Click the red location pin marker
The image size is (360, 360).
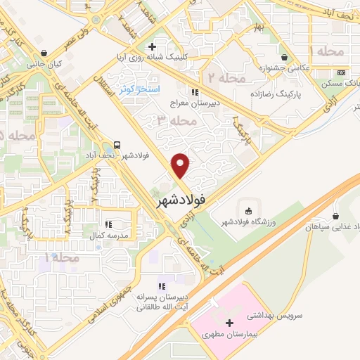(x=181, y=165)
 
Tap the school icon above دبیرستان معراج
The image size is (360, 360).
(x=195, y=91)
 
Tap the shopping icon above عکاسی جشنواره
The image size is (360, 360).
(x=284, y=57)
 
